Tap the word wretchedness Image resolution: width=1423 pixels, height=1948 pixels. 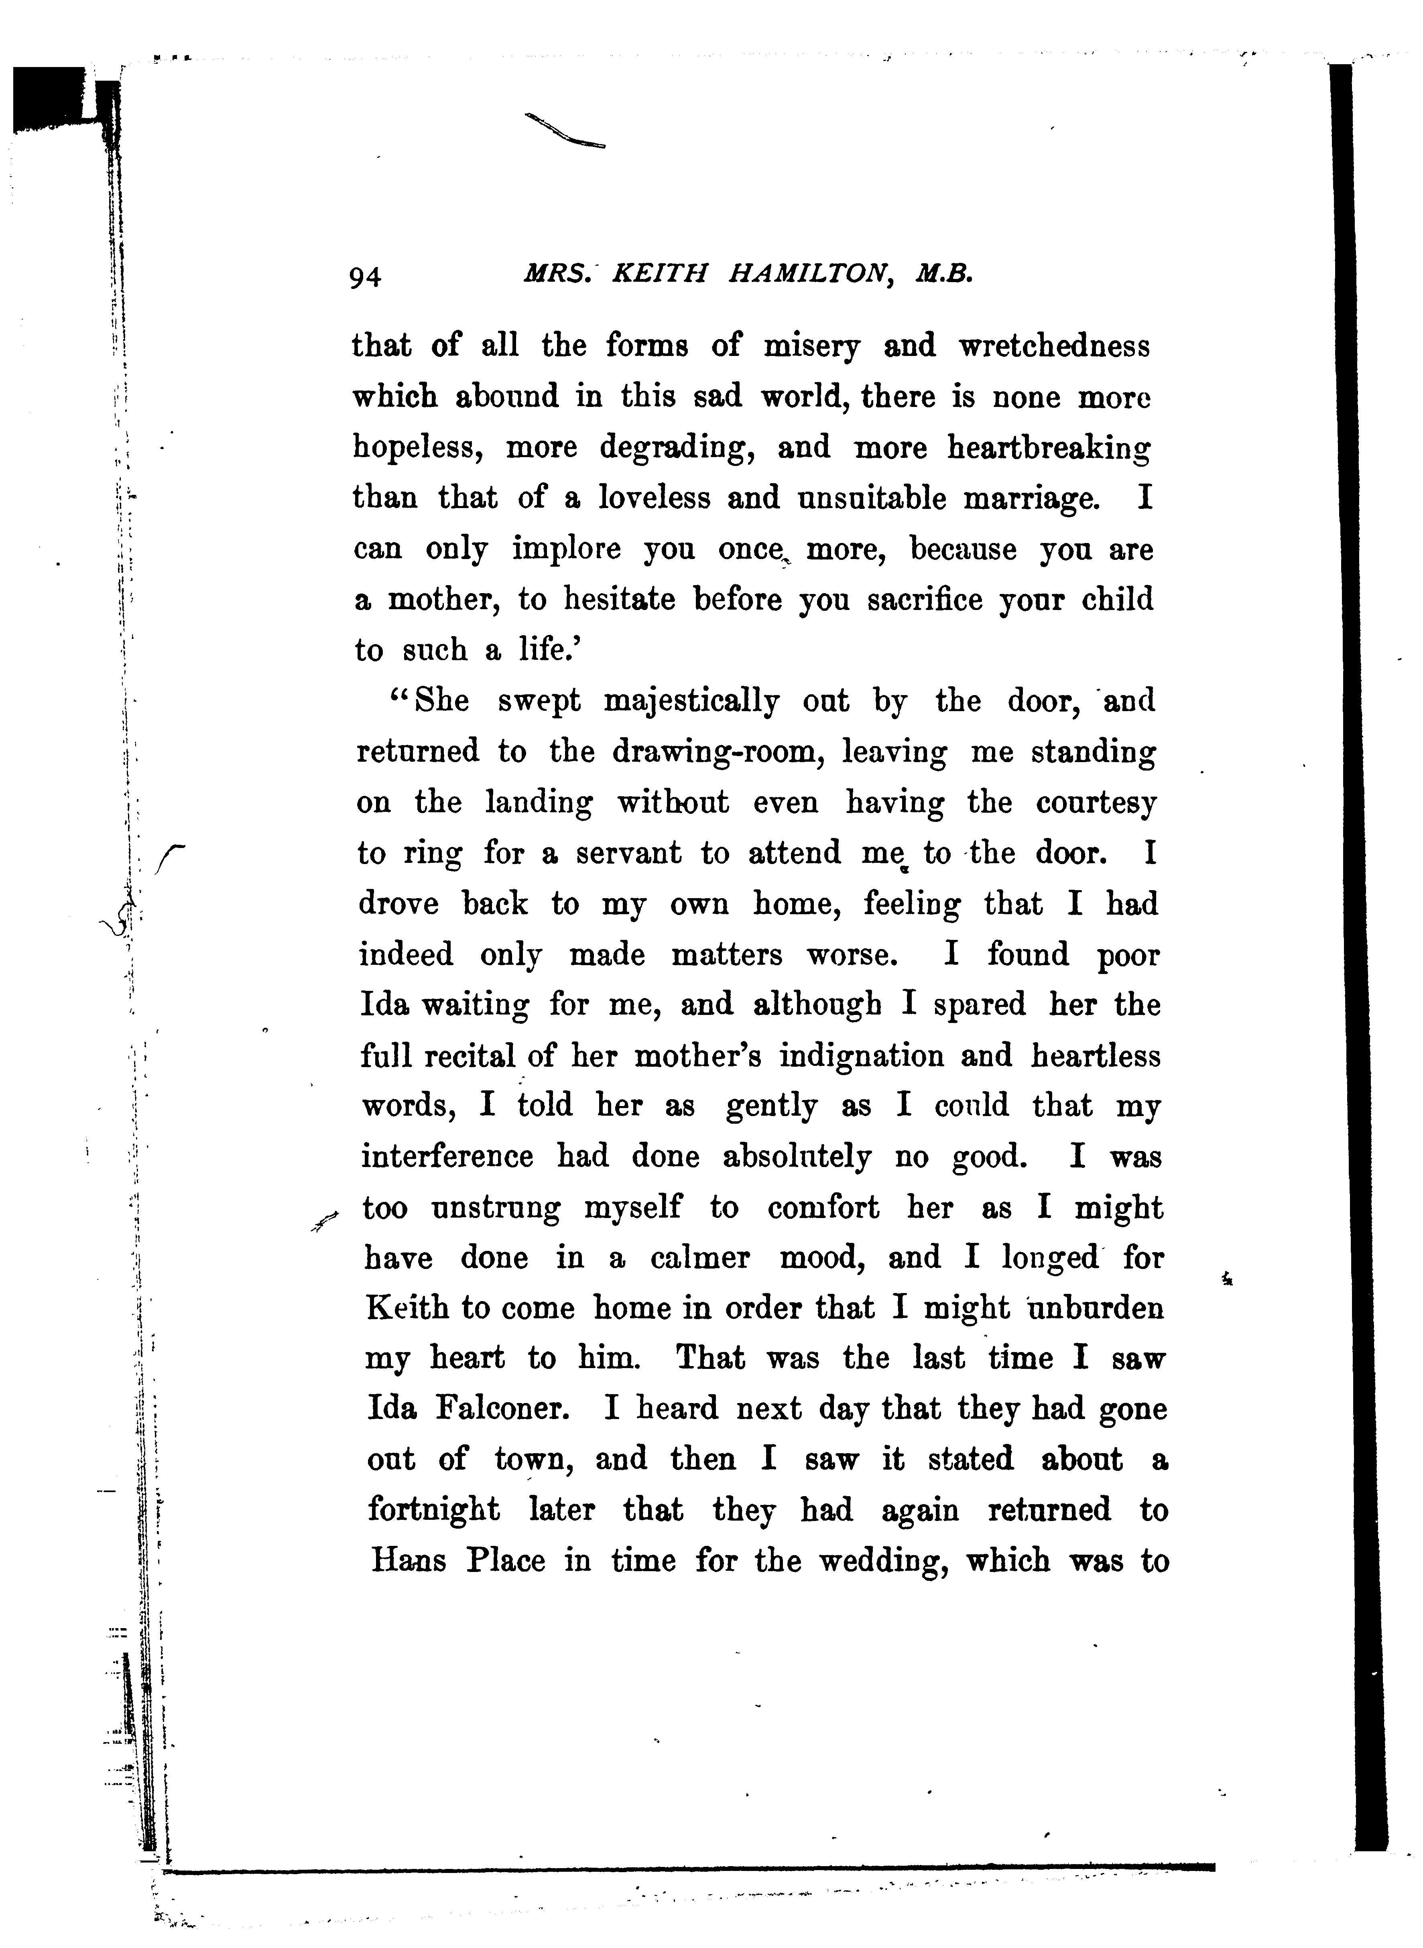pos(1054,346)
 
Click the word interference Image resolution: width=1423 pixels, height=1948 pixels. pos(447,1157)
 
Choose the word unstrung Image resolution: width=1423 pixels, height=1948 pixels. pos(495,1208)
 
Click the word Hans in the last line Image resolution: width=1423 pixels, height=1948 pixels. pos(408,1560)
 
